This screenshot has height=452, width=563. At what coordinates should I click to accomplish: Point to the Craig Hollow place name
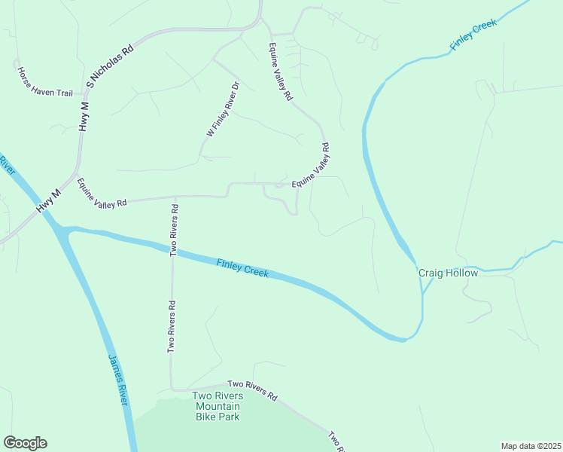coord(448,273)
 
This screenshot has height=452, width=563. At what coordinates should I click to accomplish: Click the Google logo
coord(25,443)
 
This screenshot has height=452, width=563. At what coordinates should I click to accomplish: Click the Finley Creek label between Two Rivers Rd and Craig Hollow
coord(242,268)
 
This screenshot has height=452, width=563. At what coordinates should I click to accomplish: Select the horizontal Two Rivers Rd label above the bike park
coord(252,391)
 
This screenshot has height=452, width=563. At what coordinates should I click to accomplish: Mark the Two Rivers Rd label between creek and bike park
coord(172,327)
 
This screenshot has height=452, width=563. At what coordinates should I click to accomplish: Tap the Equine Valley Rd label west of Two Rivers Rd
coord(102,193)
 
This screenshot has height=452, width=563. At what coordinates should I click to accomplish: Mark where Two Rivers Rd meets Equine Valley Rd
coord(175,197)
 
